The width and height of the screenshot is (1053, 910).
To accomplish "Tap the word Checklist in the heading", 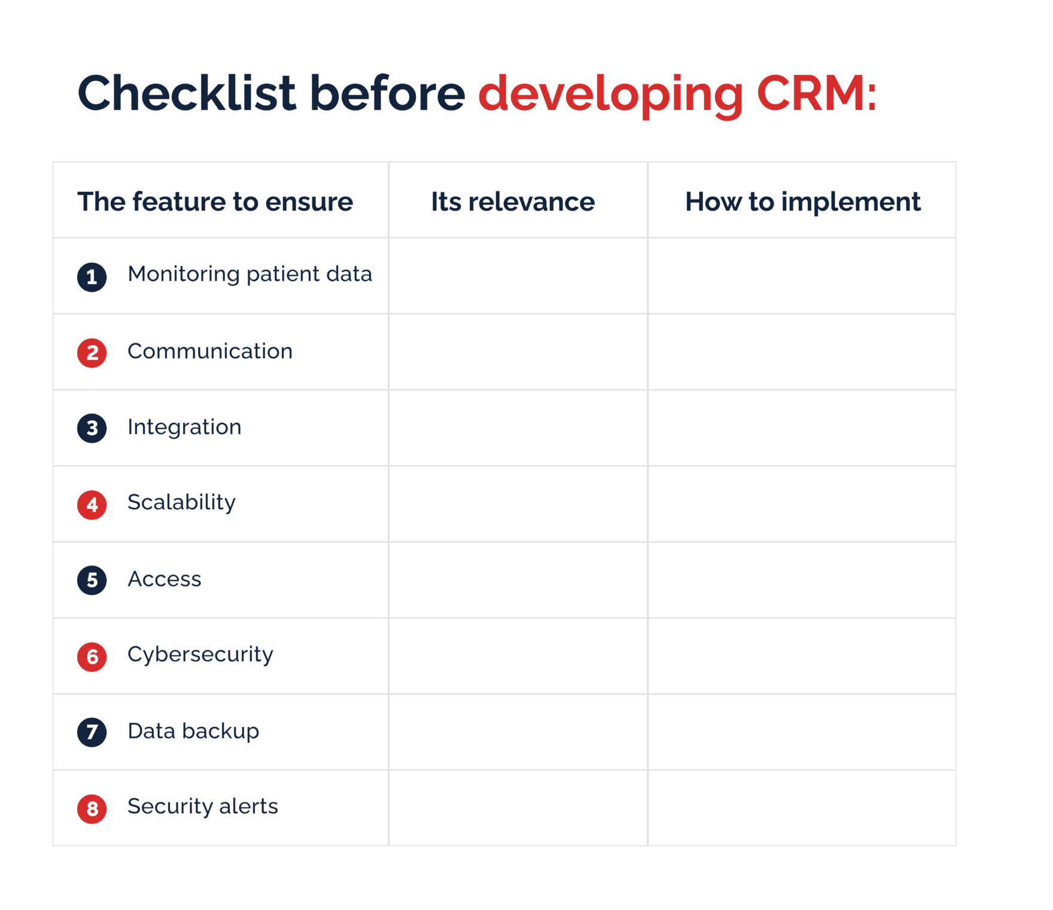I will pos(187,94).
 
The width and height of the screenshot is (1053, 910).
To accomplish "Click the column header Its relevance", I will pos(513,201).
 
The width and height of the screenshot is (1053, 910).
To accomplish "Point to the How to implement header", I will pos(802,201).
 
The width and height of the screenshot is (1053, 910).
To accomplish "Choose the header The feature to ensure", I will pos(215,201).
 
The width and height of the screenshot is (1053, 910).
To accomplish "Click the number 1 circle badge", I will pos(92,277).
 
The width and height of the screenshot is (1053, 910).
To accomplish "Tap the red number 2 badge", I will pos(92,353).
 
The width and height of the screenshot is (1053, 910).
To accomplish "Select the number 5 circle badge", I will pos(92,580).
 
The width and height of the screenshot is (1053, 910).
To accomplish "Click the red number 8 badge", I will pos(92,808).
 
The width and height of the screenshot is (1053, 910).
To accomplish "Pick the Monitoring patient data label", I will pos(249,274).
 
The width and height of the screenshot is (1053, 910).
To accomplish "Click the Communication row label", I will pos(210,351).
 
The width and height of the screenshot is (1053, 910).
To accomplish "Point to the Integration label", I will pos(184,427).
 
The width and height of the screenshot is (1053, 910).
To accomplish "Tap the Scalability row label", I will pos(181,502).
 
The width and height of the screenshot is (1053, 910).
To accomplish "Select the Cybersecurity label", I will pos(200,655).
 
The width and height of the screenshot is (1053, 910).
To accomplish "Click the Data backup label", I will pos(193,731).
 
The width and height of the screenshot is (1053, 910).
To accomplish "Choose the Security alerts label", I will pos(203,807).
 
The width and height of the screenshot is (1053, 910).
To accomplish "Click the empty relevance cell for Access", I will pos(518,580).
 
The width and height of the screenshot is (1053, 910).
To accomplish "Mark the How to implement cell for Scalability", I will pos(802,504).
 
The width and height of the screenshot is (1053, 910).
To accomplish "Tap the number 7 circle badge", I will pos(92,732).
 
